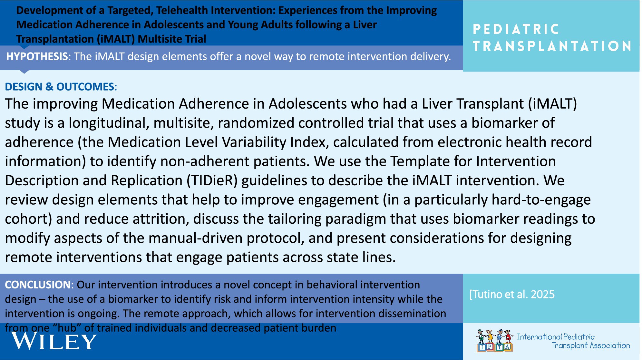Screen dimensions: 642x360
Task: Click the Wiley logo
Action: click(54, 341)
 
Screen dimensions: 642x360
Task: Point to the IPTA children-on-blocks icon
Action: click(495, 340)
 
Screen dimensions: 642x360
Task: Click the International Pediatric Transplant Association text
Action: click(573, 341)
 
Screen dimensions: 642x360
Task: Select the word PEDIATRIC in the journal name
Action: click(516, 29)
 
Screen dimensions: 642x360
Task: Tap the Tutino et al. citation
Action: click(512, 294)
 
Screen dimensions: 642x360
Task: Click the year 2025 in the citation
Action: click(543, 294)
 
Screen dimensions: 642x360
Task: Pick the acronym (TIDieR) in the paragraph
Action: click(212, 180)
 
